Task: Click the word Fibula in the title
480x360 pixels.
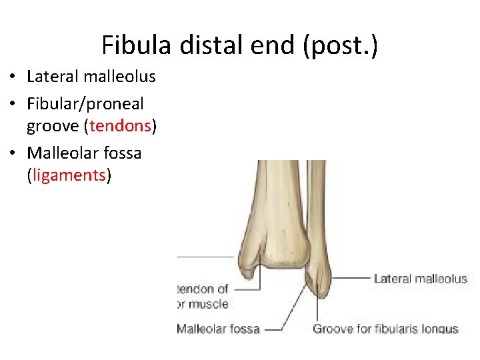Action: coord(137,45)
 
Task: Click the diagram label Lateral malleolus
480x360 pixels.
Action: coord(420,279)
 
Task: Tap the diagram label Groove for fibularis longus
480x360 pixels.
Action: coord(385,328)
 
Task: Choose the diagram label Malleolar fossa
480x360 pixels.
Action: coord(218,328)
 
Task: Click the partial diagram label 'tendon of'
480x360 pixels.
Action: coord(203,289)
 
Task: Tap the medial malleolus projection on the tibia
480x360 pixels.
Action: coord(248,273)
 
